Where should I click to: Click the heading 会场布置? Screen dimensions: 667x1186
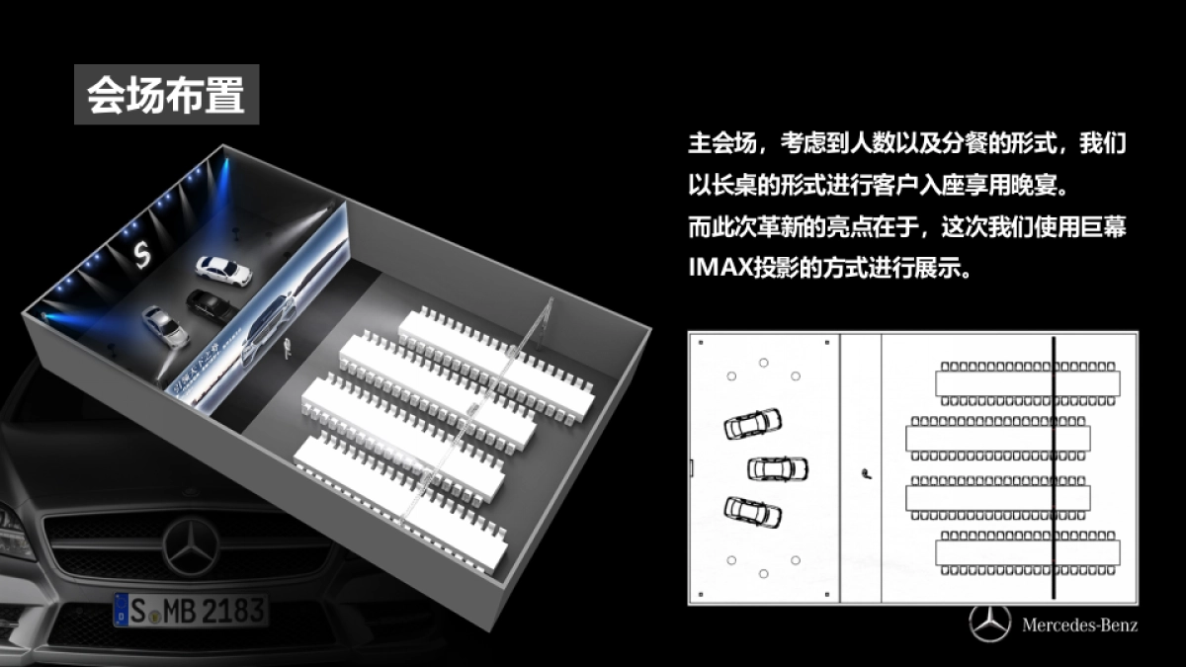pyautogui.click(x=166, y=95)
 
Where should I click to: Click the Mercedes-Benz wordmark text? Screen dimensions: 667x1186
pyautogui.click(x=1079, y=625)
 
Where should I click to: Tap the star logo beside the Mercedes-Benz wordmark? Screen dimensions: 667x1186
pyautogui.click(x=990, y=625)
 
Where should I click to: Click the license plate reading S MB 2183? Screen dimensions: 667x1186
pyautogui.click(x=191, y=610)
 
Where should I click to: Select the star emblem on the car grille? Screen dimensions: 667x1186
pyautogui.click(x=191, y=546)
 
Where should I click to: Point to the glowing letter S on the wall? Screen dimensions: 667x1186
pyautogui.click(x=139, y=253)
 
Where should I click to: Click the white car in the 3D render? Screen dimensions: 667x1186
pyautogui.click(x=223, y=270)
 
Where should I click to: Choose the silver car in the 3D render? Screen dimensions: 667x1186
pyautogui.click(x=165, y=326)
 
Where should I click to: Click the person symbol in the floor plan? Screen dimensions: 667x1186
pyautogui.click(x=867, y=473)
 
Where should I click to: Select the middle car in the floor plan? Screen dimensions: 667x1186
pyautogui.click(x=778, y=467)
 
